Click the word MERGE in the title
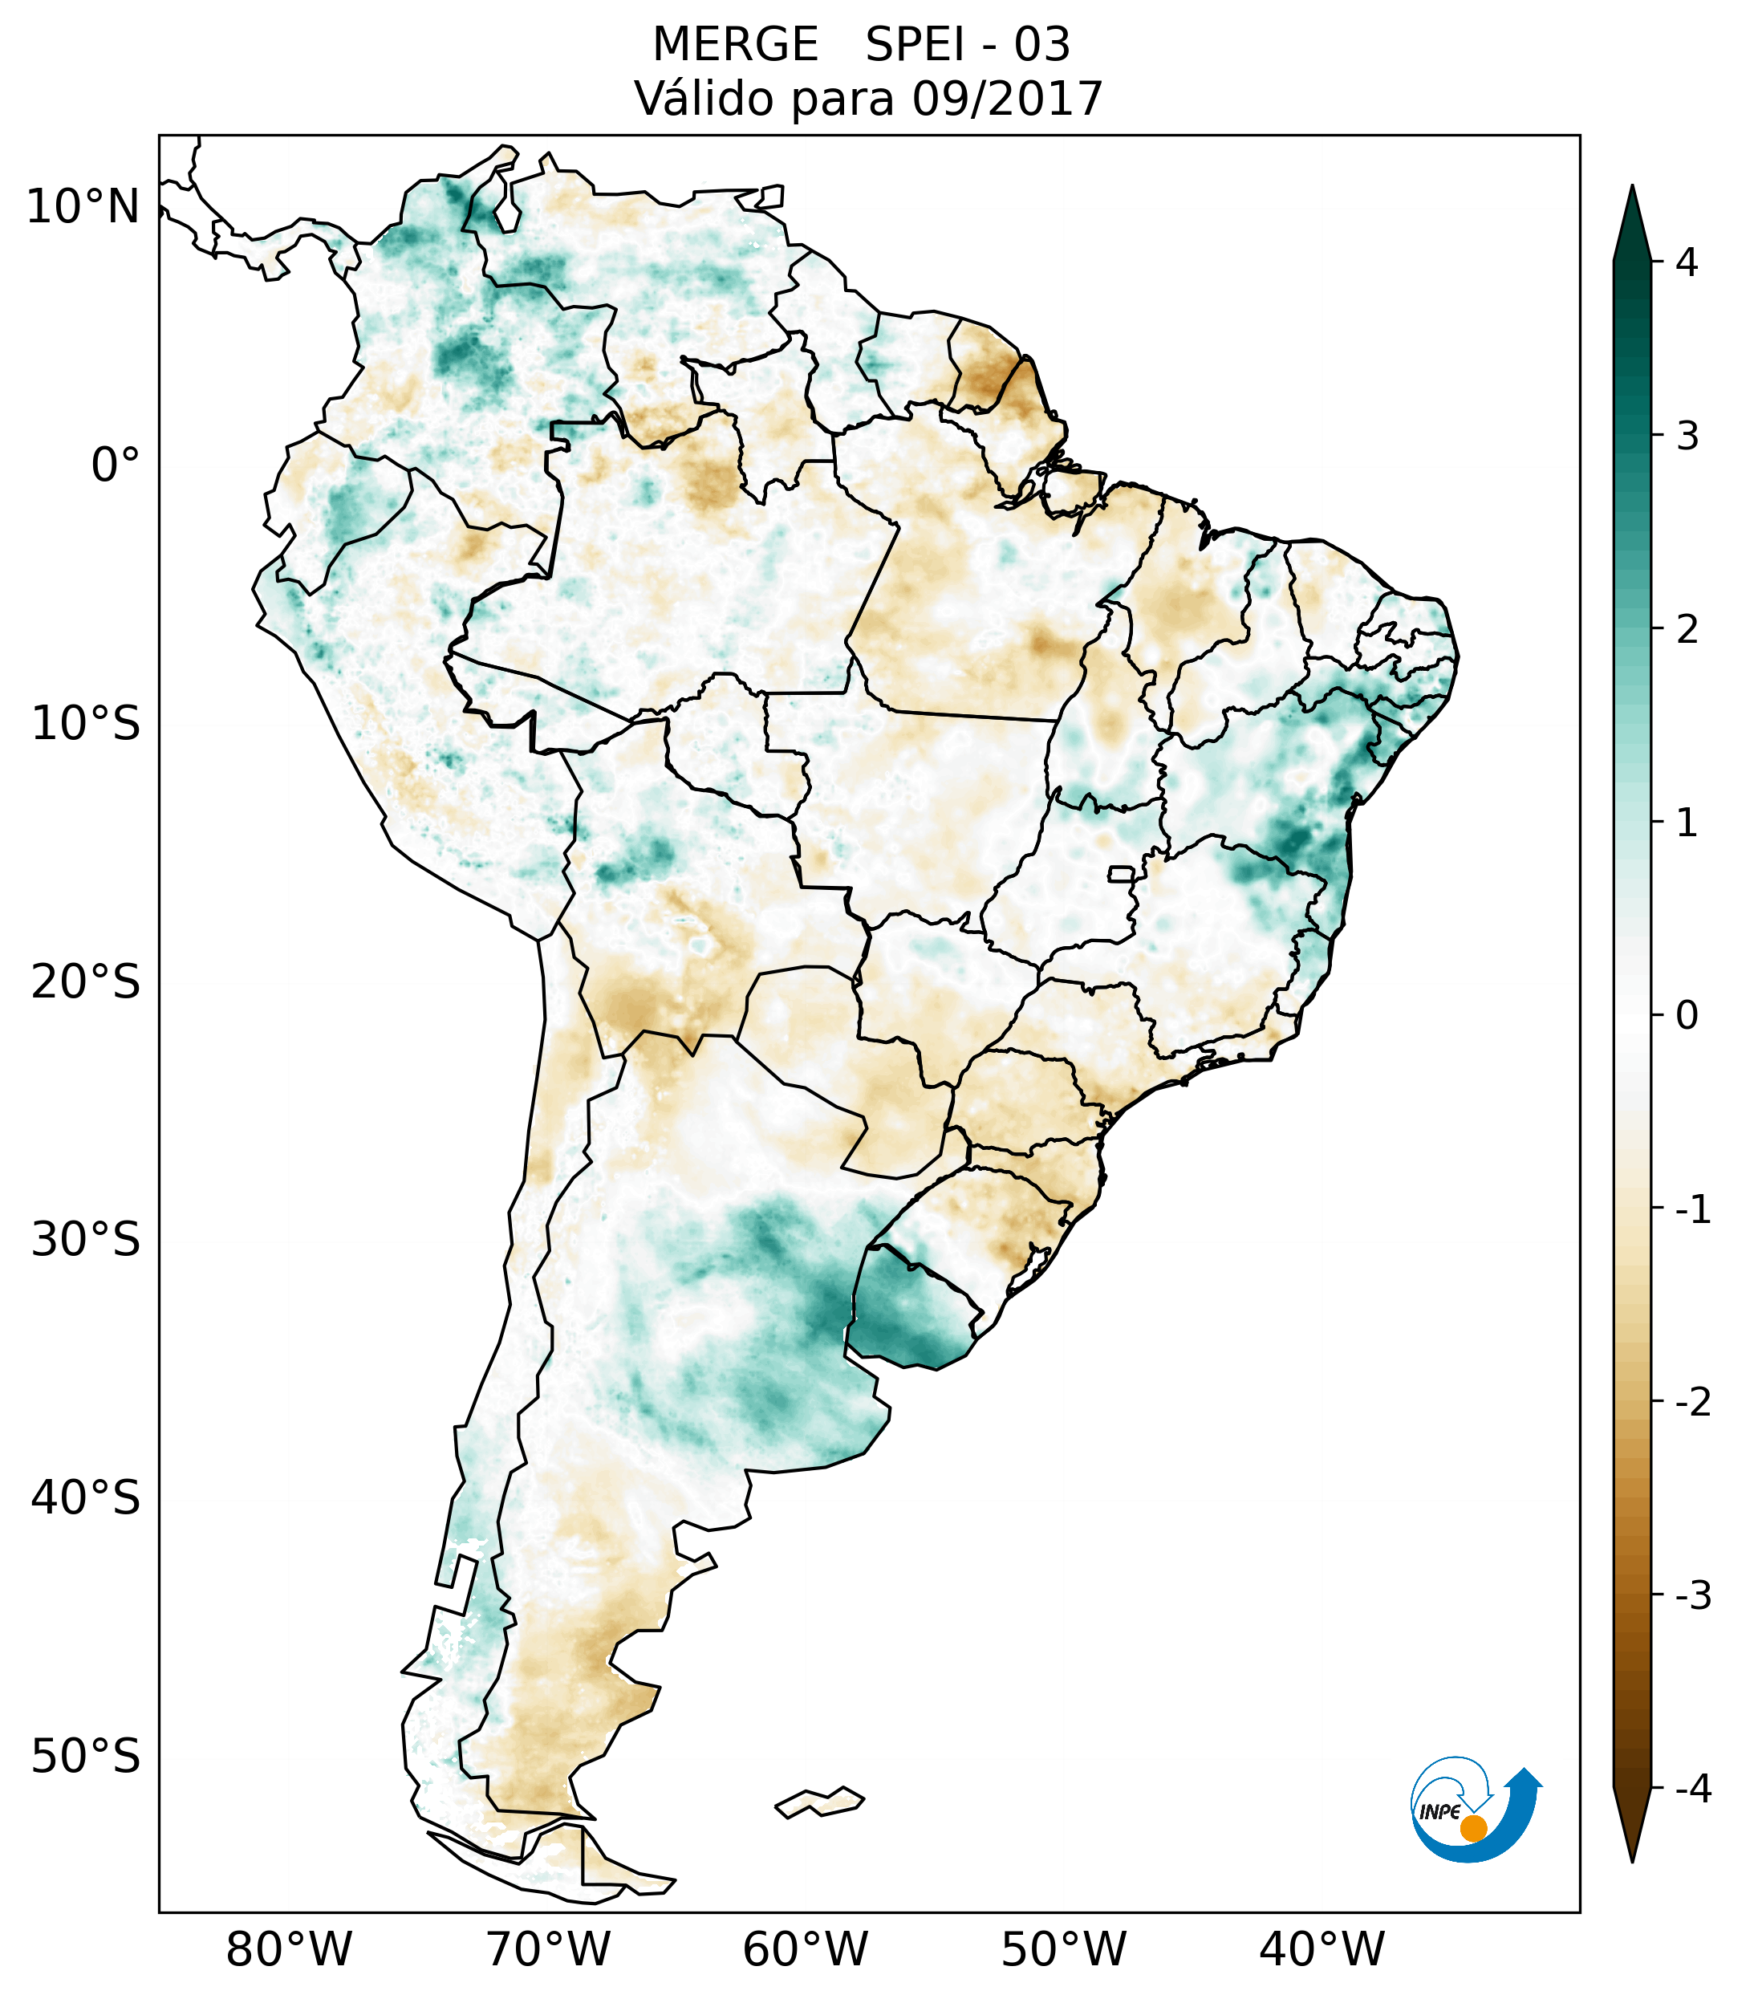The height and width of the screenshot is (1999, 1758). [734, 45]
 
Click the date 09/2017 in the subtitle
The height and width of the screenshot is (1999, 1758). [1007, 99]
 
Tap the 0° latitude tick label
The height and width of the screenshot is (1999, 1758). [116, 465]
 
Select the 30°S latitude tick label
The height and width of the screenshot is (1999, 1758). [86, 1240]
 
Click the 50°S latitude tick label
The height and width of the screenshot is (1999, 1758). [86, 1757]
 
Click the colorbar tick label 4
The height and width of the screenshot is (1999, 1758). [1687, 262]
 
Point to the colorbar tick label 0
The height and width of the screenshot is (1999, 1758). [1687, 1016]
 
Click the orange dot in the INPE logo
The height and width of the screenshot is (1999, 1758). [1472, 1828]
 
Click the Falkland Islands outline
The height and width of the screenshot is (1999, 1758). [819, 1802]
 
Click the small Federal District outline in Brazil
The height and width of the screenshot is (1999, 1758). [1120, 873]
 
